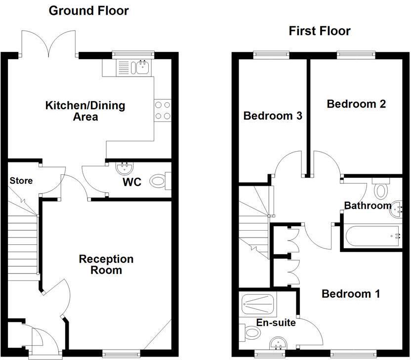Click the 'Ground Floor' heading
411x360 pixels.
point(88,10)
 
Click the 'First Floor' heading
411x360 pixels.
point(320,31)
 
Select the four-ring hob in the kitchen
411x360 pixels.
point(163,110)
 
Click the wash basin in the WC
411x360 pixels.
point(123,168)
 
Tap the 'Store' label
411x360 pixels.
point(21,181)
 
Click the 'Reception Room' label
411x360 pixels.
point(106,265)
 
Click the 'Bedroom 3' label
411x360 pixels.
point(273,116)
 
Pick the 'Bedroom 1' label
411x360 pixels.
point(351,294)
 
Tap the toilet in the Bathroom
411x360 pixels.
point(380,190)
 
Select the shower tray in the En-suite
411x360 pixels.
point(259,305)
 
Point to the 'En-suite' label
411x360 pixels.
point(276,323)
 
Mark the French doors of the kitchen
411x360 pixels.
point(48,44)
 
